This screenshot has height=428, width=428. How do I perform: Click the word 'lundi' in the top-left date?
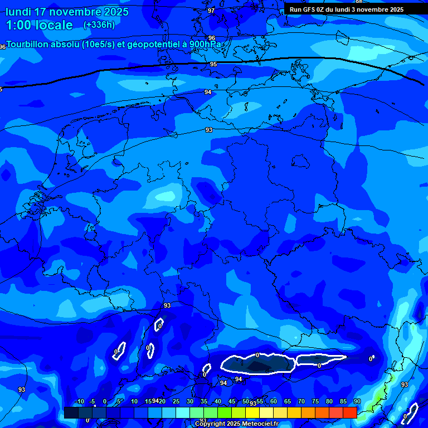click(18, 12)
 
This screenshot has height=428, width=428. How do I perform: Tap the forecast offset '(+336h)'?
click(99, 25)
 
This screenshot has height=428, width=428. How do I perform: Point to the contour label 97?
click(211, 11)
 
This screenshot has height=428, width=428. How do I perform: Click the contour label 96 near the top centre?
click(211, 38)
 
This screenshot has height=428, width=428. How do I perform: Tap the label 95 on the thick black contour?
click(213, 65)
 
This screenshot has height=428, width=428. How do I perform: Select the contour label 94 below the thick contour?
click(208, 92)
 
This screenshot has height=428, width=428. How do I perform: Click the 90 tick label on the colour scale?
click(357, 401)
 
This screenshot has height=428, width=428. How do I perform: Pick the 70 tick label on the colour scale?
click(301, 401)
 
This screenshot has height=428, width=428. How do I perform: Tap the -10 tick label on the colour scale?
click(79, 401)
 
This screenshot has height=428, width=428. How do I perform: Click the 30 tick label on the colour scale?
click(190, 401)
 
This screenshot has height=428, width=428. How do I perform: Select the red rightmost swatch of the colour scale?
click(349, 412)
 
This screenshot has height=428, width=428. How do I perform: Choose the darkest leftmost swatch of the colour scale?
click(71, 412)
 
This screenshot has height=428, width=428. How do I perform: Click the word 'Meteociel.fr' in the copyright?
click(260, 424)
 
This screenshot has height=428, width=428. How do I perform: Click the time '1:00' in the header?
click(18, 25)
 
